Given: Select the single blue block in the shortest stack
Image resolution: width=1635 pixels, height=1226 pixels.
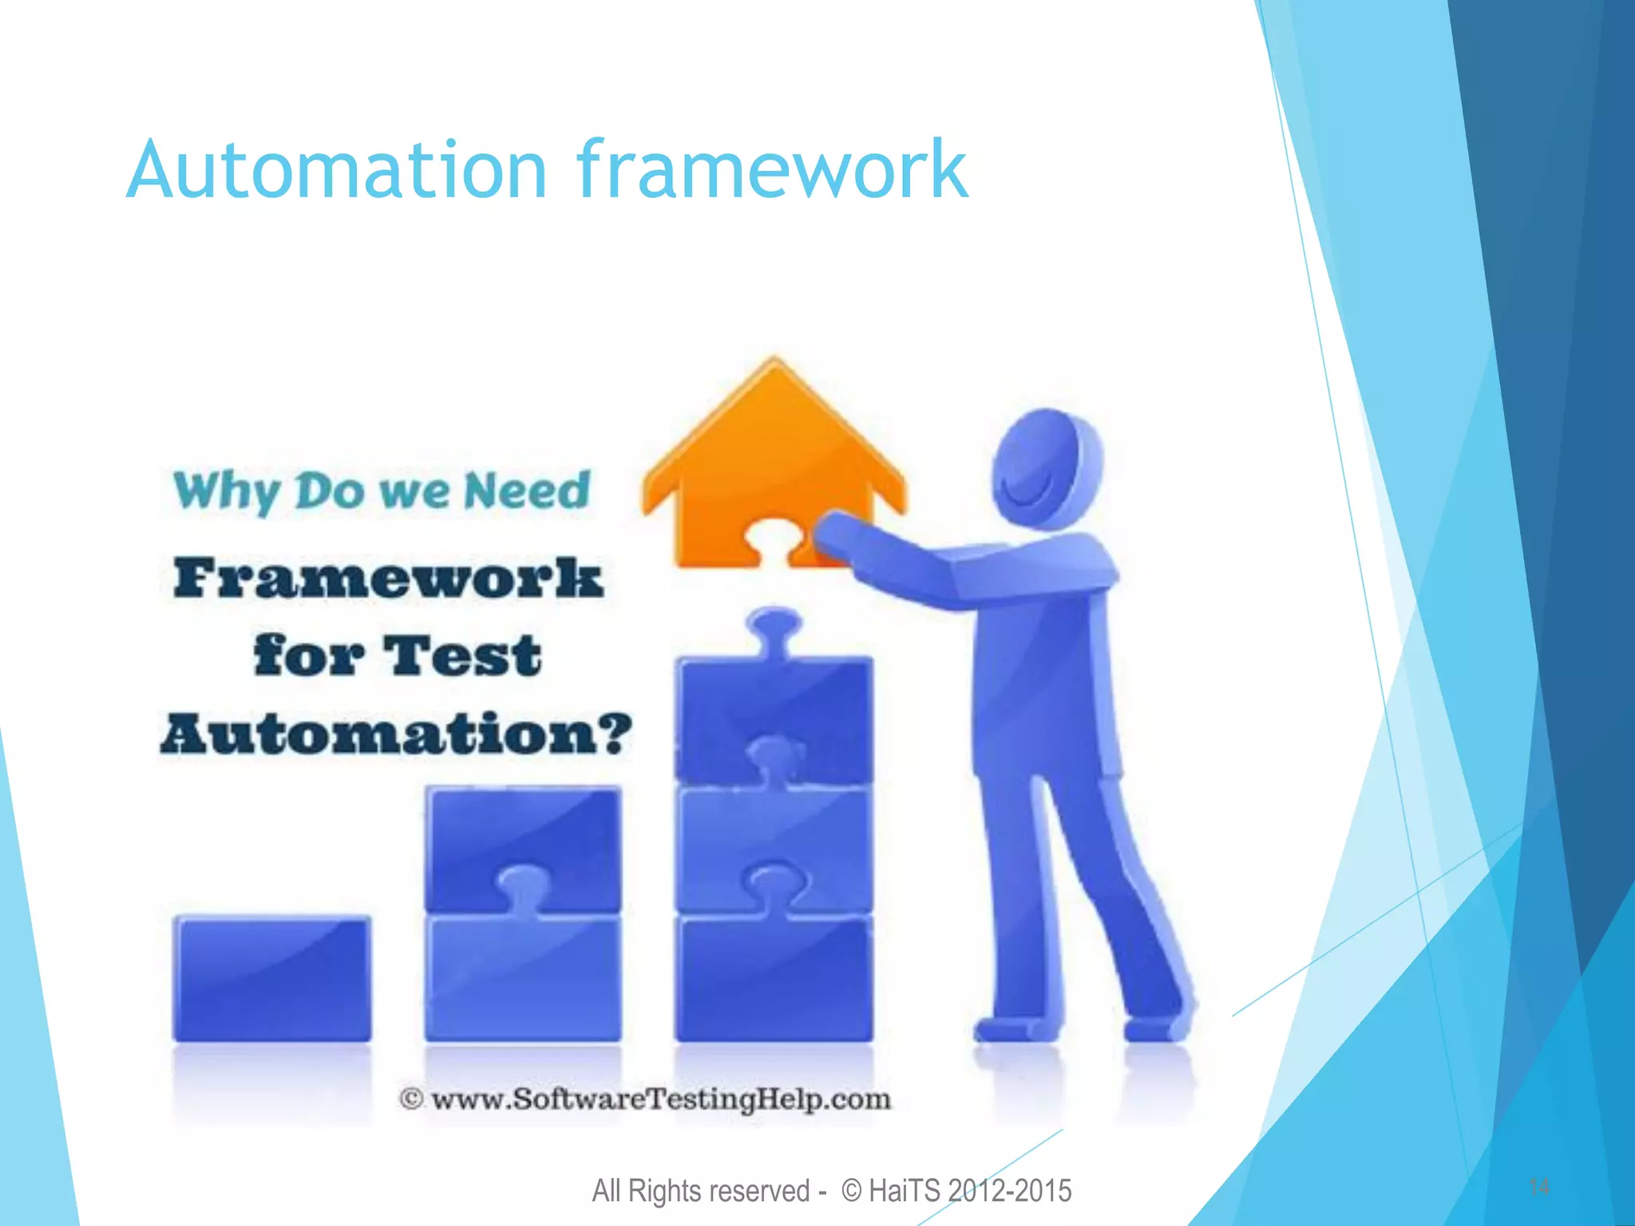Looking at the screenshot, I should coord(272,978).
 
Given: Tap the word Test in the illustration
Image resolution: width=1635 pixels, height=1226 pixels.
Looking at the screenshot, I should coord(462,656).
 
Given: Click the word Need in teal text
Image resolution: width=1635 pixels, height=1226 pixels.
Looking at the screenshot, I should coord(527,489).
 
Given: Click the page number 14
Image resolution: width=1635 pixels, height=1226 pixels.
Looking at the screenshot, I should coord(1538,1187).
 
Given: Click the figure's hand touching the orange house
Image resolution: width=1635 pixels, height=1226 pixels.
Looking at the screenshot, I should coord(835,533).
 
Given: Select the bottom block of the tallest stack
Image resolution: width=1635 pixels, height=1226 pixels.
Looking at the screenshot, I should coord(773,980).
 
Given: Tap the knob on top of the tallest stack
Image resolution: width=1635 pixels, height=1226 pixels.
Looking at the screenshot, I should coord(772,627).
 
